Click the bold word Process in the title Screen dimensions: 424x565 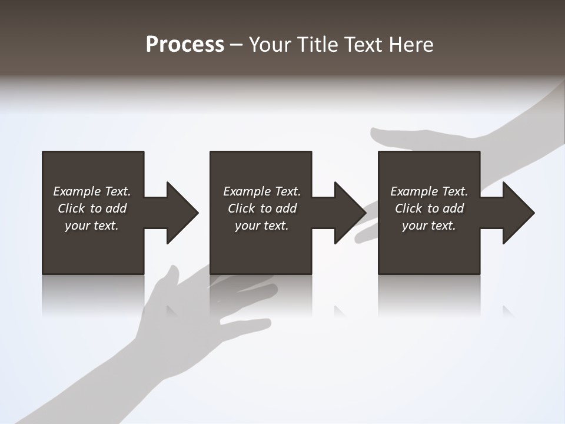tap(185, 45)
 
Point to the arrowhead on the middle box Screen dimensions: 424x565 tap(348, 213)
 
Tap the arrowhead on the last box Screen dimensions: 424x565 tap(517, 213)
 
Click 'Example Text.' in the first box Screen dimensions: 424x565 tap(92, 191)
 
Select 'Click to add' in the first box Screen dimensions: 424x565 tap(92, 208)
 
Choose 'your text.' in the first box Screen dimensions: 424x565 tap(92, 226)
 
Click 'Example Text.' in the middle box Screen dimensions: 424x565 tap(261, 191)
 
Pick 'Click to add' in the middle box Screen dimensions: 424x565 tap(261, 208)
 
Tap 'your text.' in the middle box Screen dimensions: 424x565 tap(261, 226)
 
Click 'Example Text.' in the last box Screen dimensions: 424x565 tap(429, 191)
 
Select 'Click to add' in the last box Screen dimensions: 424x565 tap(429, 208)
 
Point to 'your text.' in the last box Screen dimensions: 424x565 tap(429, 226)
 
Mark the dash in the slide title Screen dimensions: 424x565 tap(236, 45)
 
